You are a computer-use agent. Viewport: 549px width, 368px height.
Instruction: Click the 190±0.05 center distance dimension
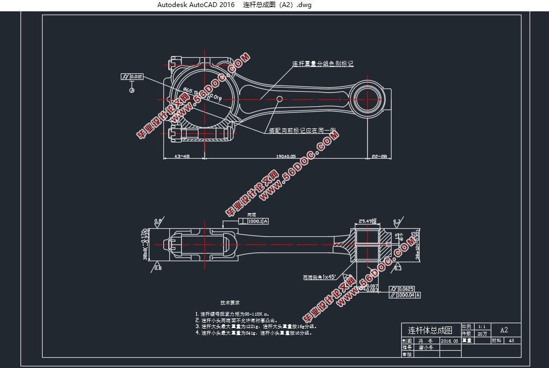[285, 156]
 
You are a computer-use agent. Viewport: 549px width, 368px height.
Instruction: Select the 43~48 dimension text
[182, 156]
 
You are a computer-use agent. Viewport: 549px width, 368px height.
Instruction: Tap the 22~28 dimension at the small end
[379, 156]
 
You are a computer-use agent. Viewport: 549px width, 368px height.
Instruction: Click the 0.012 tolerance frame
[132, 77]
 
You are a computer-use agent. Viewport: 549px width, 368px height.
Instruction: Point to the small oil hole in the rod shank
[279, 99]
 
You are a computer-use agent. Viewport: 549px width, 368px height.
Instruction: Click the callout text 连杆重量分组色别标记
[322, 64]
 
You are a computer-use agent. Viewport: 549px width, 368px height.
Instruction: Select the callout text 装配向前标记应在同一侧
[302, 131]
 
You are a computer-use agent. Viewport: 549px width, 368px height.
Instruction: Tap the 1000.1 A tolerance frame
[257, 221]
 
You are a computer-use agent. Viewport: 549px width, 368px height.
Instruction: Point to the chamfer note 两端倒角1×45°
[319, 277]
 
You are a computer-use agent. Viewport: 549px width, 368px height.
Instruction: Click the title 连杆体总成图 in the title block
[430, 330]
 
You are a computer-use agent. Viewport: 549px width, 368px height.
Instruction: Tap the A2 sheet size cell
[504, 330]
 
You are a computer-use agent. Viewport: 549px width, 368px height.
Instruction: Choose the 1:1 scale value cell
[482, 327]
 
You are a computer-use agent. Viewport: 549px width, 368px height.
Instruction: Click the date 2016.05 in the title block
[449, 341]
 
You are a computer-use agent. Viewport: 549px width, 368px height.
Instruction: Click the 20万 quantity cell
[482, 334]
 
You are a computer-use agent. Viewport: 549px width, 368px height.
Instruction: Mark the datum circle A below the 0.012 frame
[132, 90]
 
